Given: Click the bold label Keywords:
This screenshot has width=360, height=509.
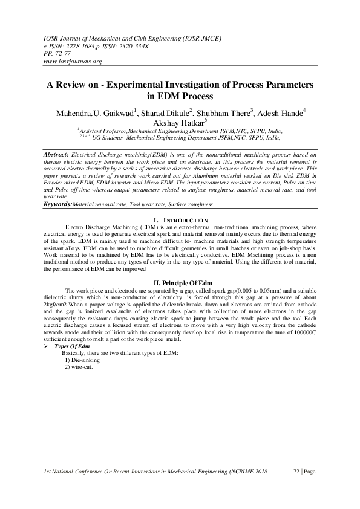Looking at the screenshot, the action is point(59,205).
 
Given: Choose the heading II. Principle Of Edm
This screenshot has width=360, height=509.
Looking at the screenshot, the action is point(181,283).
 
